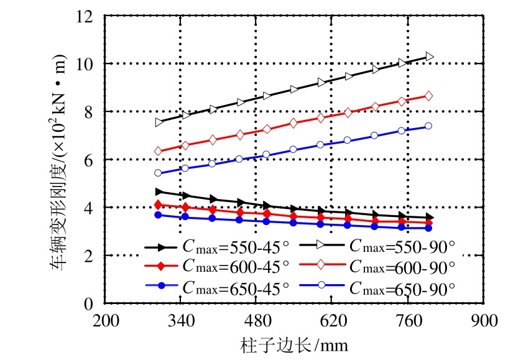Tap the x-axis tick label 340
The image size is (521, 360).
pos(180,321)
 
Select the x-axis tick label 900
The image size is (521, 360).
pos(484,321)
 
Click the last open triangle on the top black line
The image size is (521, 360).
pos(428,57)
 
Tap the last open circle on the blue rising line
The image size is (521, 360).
pos(428,126)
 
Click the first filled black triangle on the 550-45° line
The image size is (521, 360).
pos(159,192)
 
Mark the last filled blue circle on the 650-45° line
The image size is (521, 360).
pos(428,228)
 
